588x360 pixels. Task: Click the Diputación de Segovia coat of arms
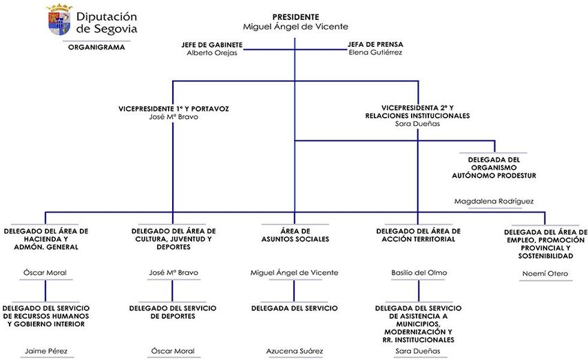[59, 21]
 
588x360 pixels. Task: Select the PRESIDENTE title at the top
[295, 16]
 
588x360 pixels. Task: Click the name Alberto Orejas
[212, 53]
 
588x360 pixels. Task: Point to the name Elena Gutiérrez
[375, 53]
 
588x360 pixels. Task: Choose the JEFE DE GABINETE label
[212, 44]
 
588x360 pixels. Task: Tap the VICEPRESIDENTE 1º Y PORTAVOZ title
[174, 108]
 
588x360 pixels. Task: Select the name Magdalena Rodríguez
[494, 201]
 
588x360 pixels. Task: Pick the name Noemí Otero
[545, 273]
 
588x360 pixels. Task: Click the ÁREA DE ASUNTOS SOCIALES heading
[295, 235]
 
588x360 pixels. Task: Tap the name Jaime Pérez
[45, 351]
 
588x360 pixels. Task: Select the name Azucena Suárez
[295, 351]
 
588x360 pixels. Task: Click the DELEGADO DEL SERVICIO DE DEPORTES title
[173, 312]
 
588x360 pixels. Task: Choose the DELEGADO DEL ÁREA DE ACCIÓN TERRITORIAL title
[418, 235]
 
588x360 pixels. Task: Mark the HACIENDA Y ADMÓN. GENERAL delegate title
[45, 239]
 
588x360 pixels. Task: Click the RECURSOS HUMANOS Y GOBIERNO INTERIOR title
[45, 316]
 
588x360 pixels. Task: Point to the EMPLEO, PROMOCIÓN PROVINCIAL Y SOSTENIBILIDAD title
[545, 244]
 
